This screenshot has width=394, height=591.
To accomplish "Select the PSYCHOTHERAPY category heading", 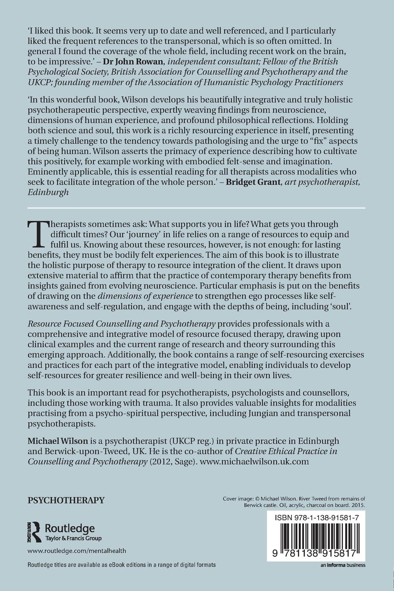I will (66, 500).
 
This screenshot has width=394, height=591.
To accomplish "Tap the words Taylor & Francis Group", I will (73, 538).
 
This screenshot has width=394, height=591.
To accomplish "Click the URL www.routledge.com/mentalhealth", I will (77, 551).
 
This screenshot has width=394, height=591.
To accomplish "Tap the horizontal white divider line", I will (197, 208).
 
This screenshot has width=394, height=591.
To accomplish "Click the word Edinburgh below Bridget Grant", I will (48, 192).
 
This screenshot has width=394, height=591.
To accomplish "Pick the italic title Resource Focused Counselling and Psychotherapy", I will (122, 324).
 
